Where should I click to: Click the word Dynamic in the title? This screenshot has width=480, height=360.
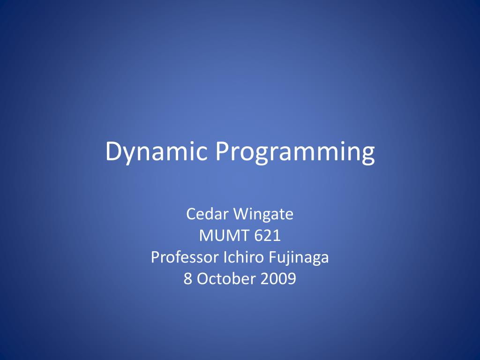click(156, 152)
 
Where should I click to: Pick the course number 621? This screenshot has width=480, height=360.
click(268, 235)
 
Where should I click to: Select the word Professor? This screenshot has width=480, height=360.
click(185, 257)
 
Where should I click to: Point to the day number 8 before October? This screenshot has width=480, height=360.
click(187, 278)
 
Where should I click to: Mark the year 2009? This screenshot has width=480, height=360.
click(278, 278)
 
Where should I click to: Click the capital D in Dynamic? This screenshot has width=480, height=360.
click(114, 152)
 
